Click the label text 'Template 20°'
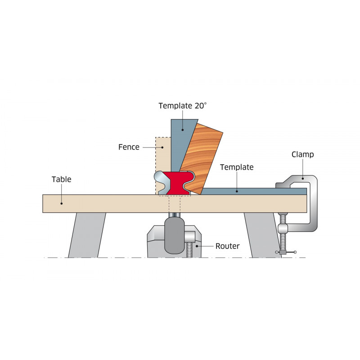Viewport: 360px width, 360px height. tap(183, 106)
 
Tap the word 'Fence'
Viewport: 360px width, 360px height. tap(129, 147)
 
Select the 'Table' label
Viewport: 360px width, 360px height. tap(61, 179)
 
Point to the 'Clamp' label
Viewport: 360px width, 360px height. tap(302, 155)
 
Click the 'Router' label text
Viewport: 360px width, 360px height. tap(227, 246)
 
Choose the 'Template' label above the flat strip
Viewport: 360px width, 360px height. tap(237, 167)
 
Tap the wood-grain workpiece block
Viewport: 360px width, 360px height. tap(200, 158)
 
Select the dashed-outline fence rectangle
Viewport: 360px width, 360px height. tap(163, 165)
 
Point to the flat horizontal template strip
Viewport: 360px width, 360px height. tap(254, 191)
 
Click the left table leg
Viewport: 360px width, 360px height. tap(87, 235)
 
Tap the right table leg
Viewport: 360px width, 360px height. tap(262, 235)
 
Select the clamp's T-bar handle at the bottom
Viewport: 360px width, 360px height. tap(286, 252)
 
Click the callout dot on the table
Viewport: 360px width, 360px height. tap(61, 203)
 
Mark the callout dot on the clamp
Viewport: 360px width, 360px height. tap(302, 178)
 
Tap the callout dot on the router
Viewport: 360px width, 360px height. tap(197, 246)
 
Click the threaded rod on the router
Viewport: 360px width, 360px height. tap(189, 250)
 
